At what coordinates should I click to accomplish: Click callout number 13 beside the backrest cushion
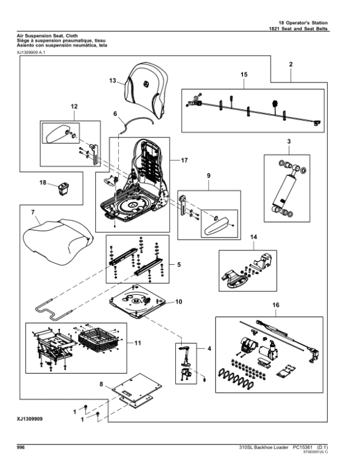pyautogui.click(x=112, y=80)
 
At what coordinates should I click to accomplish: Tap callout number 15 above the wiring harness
pyautogui.click(x=244, y=74)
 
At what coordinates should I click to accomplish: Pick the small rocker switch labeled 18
pyautogui.click(x=62, y=191)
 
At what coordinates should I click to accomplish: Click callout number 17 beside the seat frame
pyautogui.click(x=184, y=160)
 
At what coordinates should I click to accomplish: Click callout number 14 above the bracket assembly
pyautogui.click(x=253, y=238)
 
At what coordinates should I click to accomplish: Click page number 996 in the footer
pyautogui.click(x=21, y=447)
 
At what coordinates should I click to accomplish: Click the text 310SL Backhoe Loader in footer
pyautogui.click(x=259, y=447)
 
